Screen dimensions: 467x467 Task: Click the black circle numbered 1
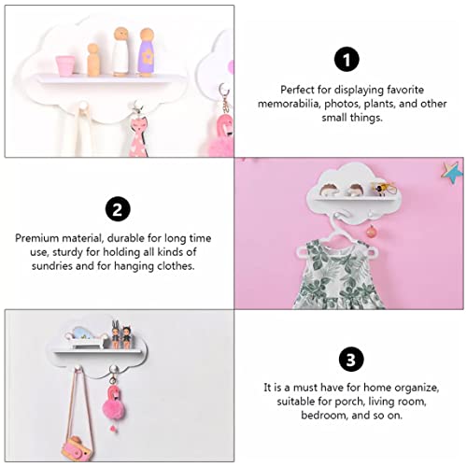(x=347, y=59)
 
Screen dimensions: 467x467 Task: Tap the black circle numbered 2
(x=118, y=209)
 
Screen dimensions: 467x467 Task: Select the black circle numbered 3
(x=351, y=359)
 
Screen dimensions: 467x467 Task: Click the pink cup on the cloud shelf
(x=65, y=65)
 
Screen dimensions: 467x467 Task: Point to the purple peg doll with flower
(x=147, y=52)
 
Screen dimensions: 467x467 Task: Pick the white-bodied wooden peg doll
(x=120, y=51)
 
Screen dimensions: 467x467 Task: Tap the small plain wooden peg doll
(x=93, y=60)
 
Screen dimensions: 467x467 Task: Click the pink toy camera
(x=77, y=448)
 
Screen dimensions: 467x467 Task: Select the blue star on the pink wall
(x=452, y=173)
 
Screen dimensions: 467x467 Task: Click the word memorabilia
(x=289, y=104)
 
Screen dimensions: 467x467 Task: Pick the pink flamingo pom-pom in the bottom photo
(x=114, y=403)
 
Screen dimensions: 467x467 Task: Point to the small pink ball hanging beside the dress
(x=371, y=232)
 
